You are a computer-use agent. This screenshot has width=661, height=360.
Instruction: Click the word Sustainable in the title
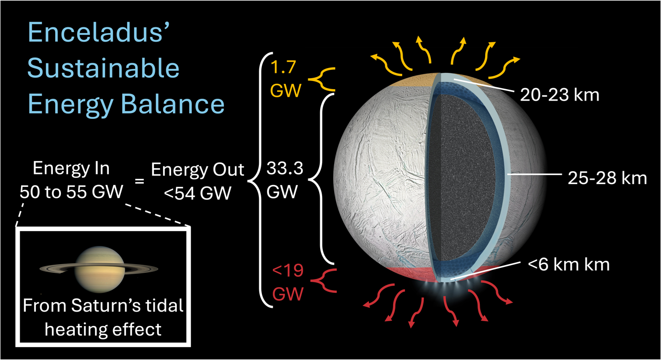tap(103, 68)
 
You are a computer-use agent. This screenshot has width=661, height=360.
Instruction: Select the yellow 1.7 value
tap(283, 67)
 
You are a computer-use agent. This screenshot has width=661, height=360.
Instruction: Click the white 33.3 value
tap(285, 168)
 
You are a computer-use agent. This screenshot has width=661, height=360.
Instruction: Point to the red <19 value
tap(288, 270)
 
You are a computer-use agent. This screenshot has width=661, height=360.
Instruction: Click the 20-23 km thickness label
tap(559, 95)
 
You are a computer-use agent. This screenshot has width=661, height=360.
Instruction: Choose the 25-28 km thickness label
tap(607, 178)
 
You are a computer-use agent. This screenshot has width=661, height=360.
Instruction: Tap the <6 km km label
tap(568, 264)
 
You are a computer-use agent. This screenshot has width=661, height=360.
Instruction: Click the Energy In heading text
tap(71, 169)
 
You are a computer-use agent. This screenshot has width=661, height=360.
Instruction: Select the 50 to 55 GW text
tap(71, 192)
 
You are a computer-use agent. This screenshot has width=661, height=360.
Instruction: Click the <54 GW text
tap(197, 193)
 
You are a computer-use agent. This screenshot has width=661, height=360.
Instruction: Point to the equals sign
tap(139, 180)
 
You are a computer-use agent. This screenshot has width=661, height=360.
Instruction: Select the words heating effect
tap(103, 329)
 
